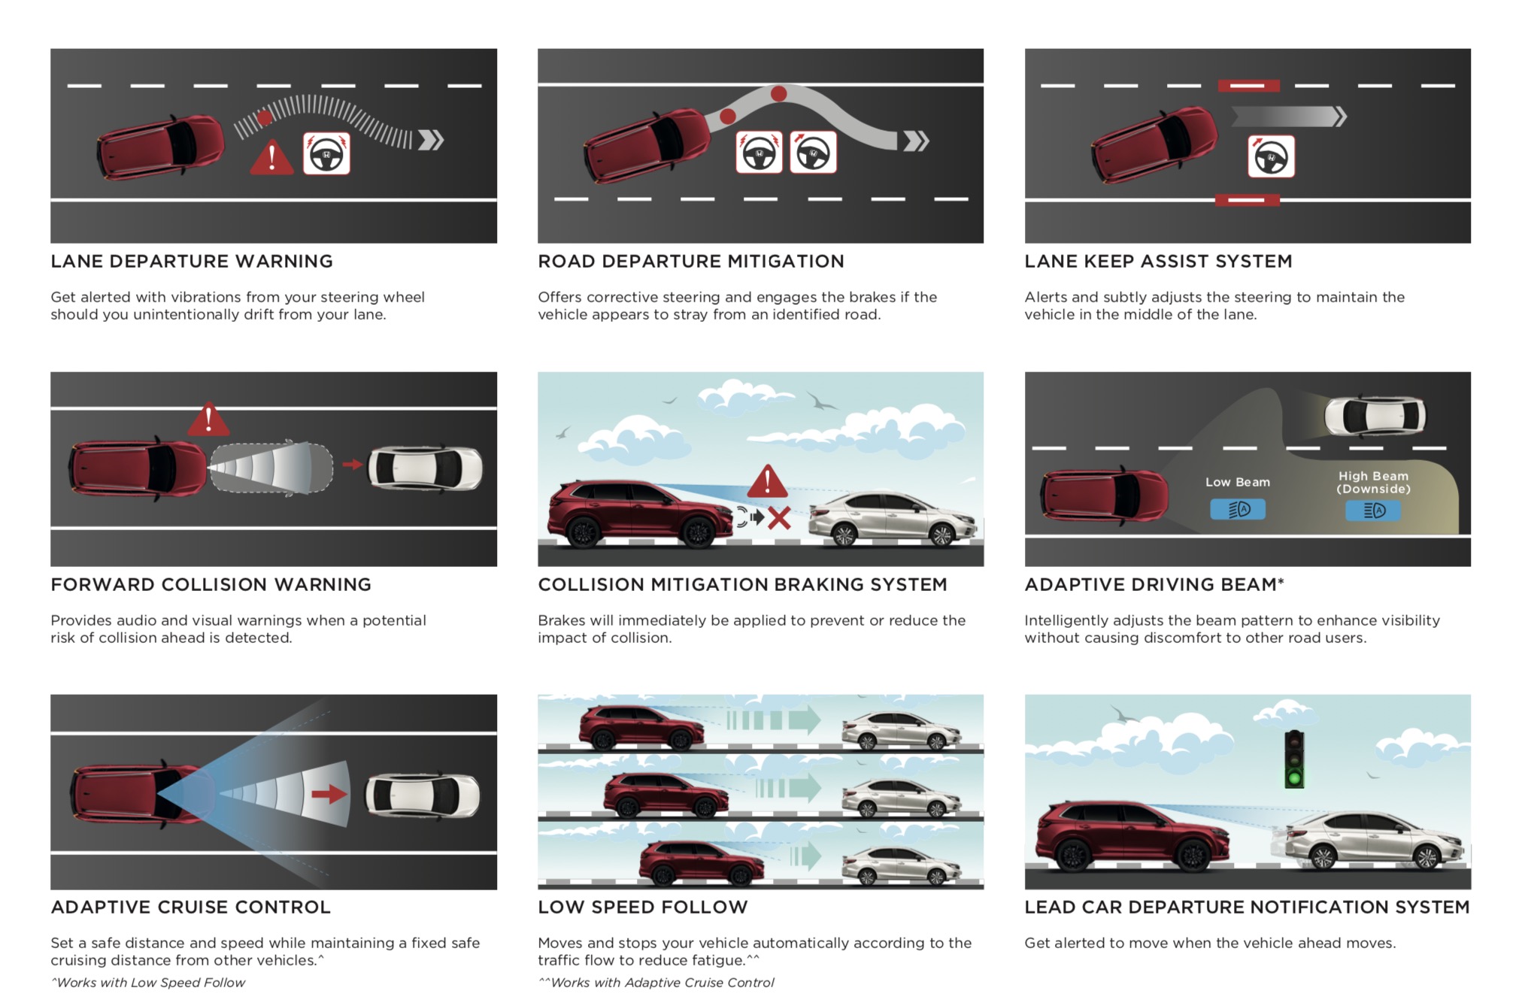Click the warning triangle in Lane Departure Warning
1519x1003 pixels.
click(271, 157)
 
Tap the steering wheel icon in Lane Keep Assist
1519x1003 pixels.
click(1271, 156)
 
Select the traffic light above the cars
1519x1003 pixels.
click(1294, 759)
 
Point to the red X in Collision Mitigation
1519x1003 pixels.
click(779, 517)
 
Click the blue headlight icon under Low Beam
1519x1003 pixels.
click(1238, 510)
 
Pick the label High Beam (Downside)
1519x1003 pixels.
click(1373, 482)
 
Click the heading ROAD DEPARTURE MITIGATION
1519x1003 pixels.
click(691, 261)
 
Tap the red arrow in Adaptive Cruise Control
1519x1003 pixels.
click(329, 794)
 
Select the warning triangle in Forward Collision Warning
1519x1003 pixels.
click(208, 420)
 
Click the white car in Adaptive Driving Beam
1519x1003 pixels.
click(1375, 415)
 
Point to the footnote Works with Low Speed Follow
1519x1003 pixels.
click(148, 983)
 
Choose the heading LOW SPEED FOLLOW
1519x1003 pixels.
click(643, 907)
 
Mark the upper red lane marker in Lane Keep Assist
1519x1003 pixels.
click(1248, 86)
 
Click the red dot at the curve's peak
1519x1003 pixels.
click(779, 94)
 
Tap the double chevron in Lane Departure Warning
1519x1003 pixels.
click(431, 140)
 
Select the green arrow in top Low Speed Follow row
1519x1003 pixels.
click(804, 720)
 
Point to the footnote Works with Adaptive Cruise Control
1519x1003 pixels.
click(656, 983)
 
